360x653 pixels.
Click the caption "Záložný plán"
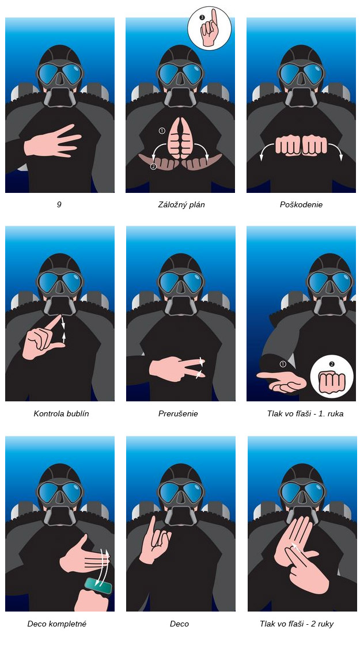coord(181,204)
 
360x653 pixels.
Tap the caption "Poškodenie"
coord(301,204)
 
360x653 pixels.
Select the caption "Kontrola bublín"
coord(61,413)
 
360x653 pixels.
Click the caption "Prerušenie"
coord(178,413)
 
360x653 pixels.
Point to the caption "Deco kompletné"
coord(56,624)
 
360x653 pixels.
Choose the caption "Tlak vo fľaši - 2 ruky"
coord(296,624)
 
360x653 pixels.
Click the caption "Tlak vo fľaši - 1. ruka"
coord(305,413)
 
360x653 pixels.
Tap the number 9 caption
coord(59,204)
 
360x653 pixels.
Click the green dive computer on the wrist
coord(98,586)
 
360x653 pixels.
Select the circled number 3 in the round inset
coord(202,17)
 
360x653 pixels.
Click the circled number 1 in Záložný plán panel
coord(162,131)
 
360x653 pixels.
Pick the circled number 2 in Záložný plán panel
coord(153,166)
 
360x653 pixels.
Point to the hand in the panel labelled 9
coord(52,141)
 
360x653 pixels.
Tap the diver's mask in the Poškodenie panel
coord(301,74)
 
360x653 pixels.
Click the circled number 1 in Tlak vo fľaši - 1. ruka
coord(283,365)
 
